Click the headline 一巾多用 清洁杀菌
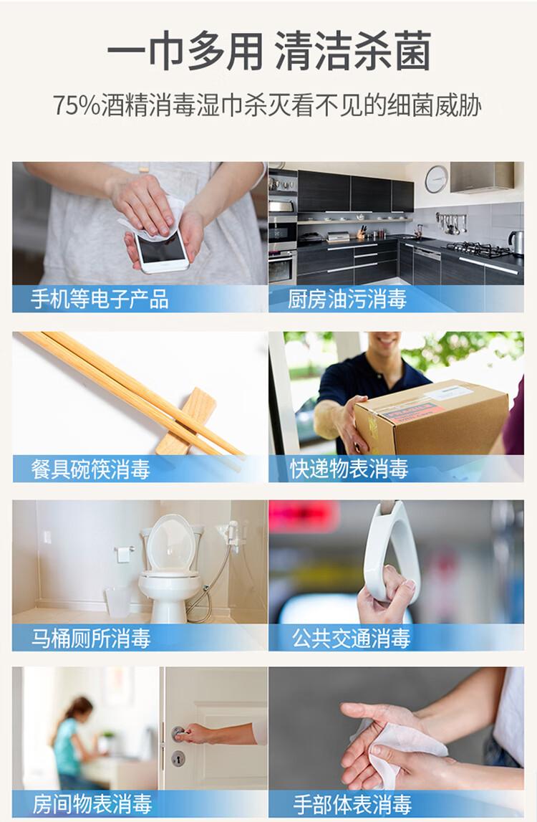(x=268, y=51)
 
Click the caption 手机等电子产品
(x=100, y=300)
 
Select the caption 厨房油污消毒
(x=347, y=300)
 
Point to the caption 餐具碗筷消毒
(x=91, y=469)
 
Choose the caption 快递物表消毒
(x=349, y=469)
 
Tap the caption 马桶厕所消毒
(x=91, y=638)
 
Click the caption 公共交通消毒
(x=351, y=638)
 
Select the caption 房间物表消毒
(x=92, y=804)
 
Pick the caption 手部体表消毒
(x=352, y=804)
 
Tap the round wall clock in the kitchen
(x=436, y=178)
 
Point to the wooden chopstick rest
(x=186, y=421)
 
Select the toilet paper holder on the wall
(x=124, y=553)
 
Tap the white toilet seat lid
(x=171, y=543)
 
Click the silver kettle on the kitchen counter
(x=516, y=242)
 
